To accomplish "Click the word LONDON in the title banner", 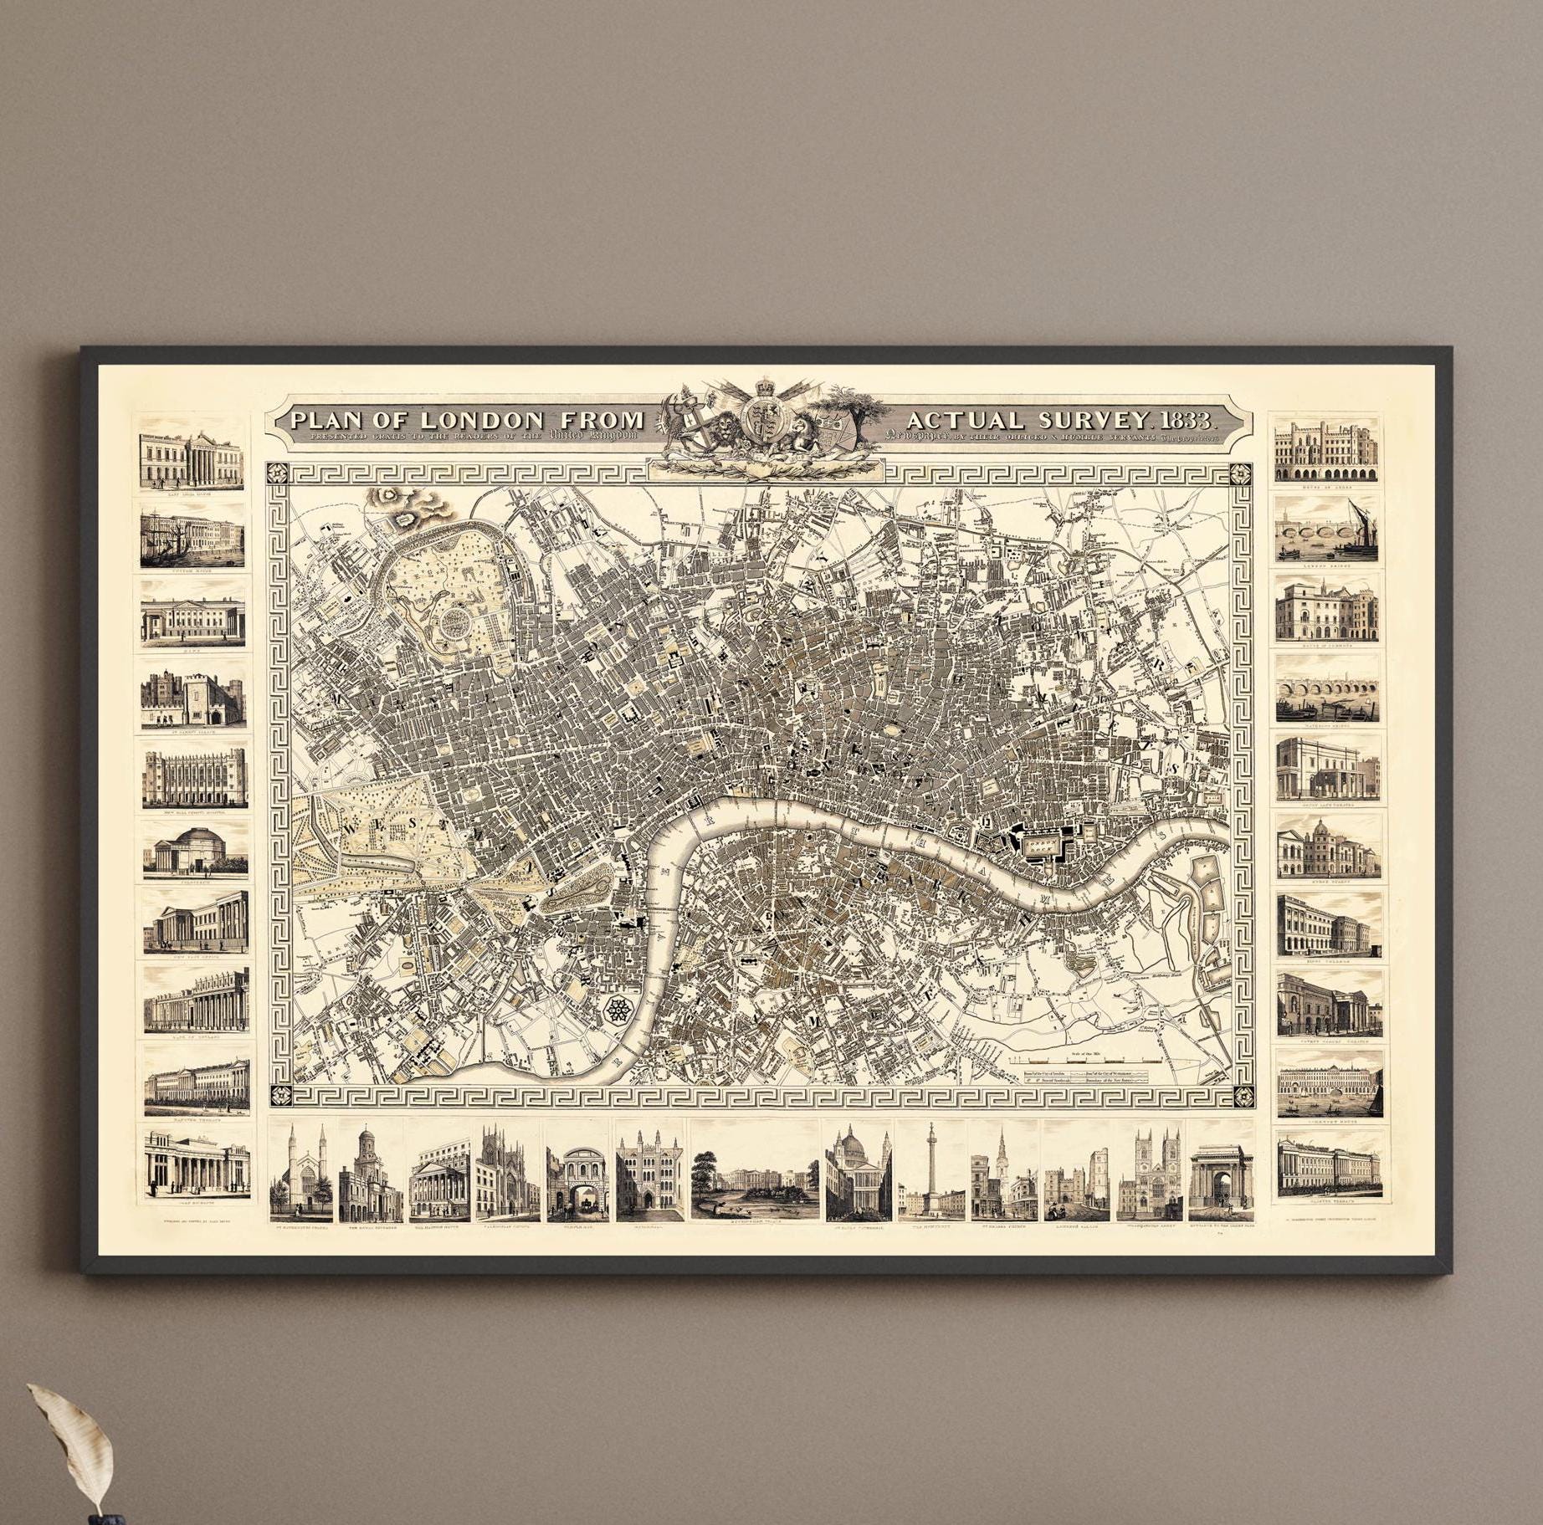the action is click(x=483, y=419).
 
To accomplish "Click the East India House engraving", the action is click(x=192, y=459).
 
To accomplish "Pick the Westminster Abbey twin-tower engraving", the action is click(x=1150, y=1171).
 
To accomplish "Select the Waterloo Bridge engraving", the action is click(x=1327, y=688).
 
